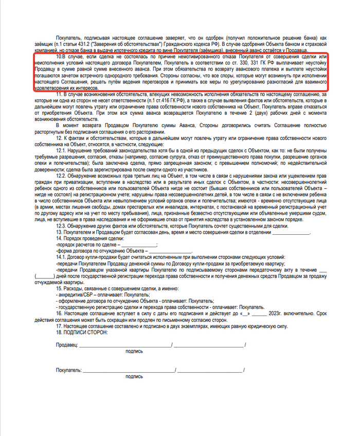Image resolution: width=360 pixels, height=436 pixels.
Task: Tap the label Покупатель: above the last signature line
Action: [x=69, y=370]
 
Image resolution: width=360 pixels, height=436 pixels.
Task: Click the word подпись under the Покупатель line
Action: [x=134, y=377]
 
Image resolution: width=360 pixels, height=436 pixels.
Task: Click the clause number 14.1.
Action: [x=64, y=256]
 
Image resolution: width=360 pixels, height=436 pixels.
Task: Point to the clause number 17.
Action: [x=60, y=327]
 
